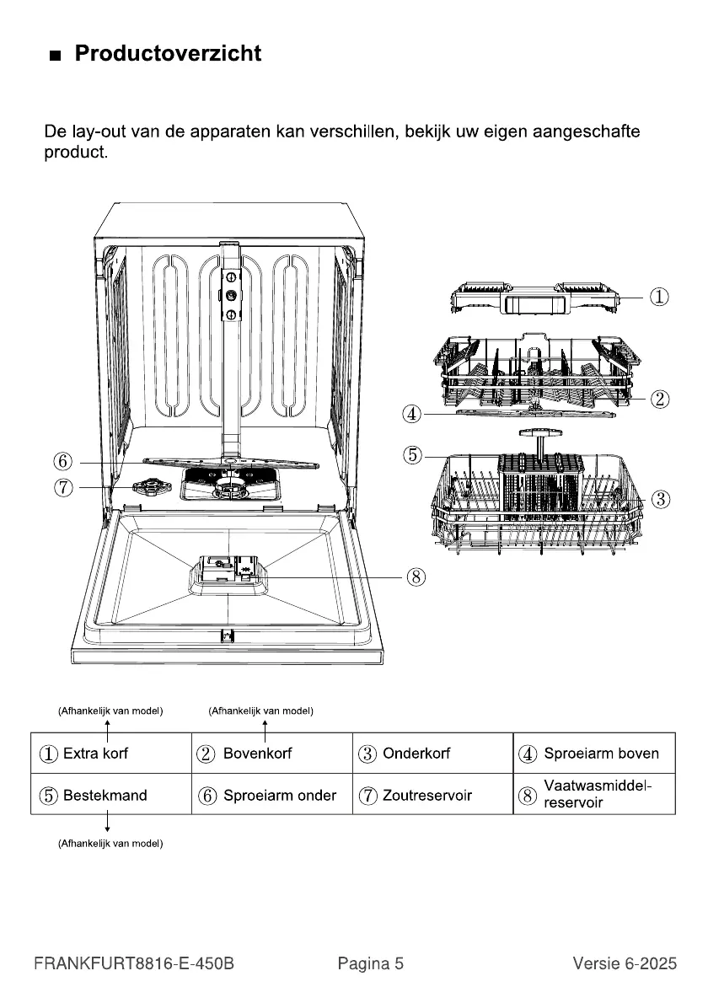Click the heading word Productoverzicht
168,54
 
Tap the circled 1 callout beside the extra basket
660,297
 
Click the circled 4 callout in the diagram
412,414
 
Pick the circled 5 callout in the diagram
412,455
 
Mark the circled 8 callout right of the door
416,577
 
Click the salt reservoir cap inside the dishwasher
146,487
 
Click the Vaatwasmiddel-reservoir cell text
598,794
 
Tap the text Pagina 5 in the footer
371,963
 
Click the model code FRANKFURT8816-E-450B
134,963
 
